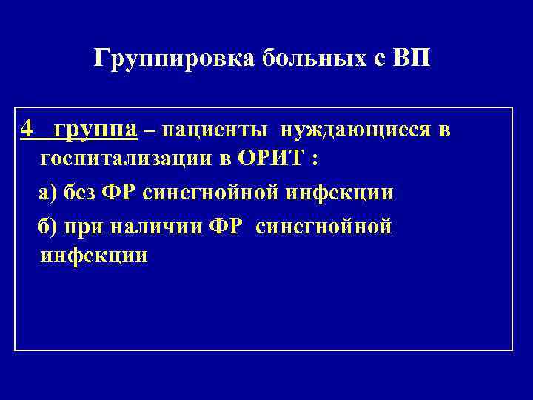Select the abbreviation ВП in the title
(412, 59)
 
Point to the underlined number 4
(27, 129)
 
